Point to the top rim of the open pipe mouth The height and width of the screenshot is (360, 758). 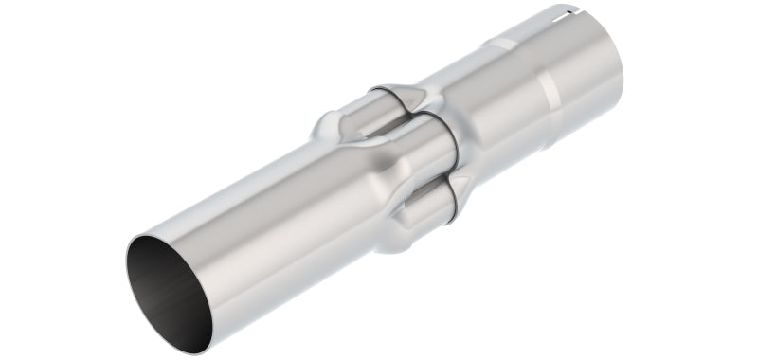tap(161, 231)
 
